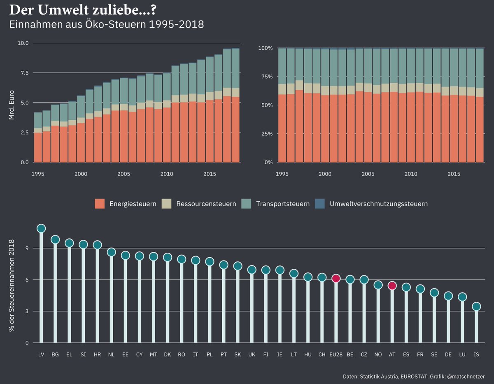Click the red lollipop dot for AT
[392, 286]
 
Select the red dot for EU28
[336, 279]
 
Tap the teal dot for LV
[41, 228]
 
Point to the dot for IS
[476, 306]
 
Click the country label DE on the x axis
[448, 354]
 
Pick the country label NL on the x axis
[111, 354]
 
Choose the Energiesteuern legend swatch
[100, 204]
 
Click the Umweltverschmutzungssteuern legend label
[379, 204]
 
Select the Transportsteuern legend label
[282, 204]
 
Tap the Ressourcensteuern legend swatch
[167, 204]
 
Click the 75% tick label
[265, 77]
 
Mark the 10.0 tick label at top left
[23, 43]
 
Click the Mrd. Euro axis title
[12, 103]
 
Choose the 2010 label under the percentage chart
[411, 174]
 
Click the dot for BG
[55, 240]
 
